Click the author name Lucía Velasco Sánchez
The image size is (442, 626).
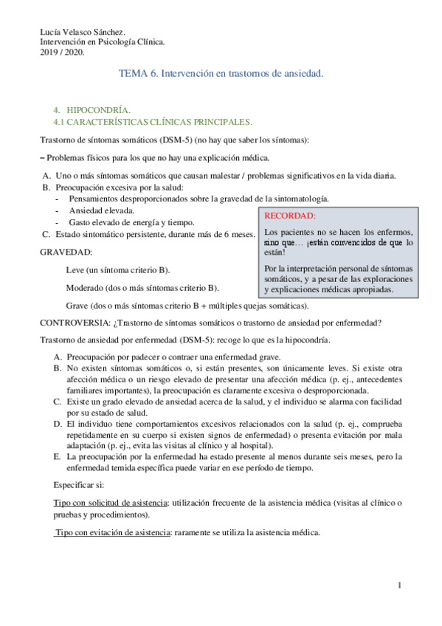click(82, 32)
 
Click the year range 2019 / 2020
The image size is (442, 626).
click(62, 52)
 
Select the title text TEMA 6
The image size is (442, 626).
click(138, 74)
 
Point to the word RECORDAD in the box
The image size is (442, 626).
click(289, 216)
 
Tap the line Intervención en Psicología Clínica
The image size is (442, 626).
click(102, 42)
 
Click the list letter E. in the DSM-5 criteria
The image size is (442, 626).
click(58, 436)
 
